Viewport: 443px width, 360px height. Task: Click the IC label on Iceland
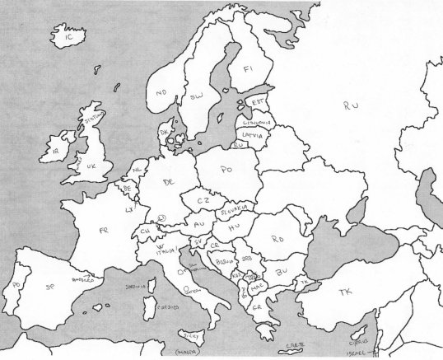69,36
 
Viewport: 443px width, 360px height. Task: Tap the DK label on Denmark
165,131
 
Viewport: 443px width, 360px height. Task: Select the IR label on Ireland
56,152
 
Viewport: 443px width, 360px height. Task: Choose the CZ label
203,199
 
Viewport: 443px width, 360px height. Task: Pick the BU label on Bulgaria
282,270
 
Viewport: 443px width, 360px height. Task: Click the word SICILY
193,337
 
